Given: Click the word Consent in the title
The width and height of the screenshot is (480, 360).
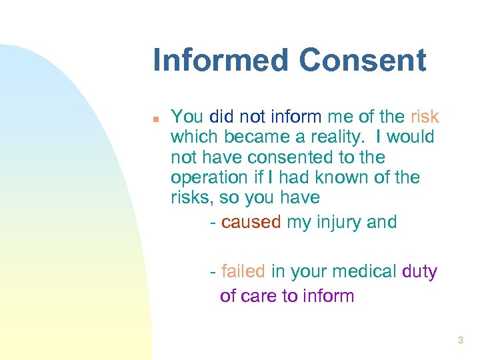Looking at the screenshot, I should point(363,60).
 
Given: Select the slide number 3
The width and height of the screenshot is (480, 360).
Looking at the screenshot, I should point(460,341).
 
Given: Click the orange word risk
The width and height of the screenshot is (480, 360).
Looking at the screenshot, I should point(425,117).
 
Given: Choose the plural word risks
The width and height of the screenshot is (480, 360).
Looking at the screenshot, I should point(190,197).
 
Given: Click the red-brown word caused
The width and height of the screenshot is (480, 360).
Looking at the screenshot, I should point(251,222).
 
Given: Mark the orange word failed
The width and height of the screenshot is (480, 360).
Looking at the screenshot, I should point(243,271).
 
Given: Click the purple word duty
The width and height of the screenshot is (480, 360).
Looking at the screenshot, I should point(419,271).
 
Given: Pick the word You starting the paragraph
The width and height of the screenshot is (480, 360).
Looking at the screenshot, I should point(187,117).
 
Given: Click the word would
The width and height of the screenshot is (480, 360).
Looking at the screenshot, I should point(410,137).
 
